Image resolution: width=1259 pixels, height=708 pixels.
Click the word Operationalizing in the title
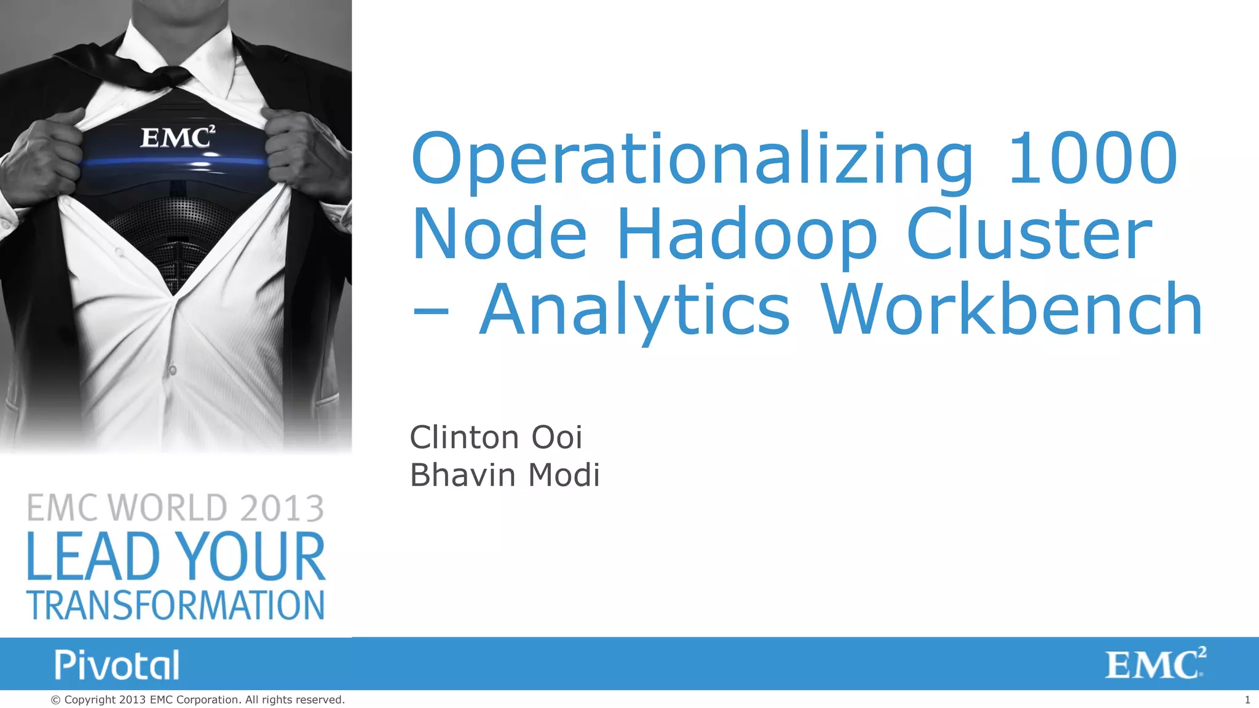pyautogui.click(x=692, y=161)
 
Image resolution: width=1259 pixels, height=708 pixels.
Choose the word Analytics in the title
pyautogui.click(x=634, y=312)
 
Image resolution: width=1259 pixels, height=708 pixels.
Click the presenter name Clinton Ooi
pyautogui.click(x=495, y=438)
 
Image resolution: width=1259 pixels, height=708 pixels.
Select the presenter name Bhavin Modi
pyautogui.click(x=504, y=475)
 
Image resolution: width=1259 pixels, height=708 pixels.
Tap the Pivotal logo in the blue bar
pyautogui.click(x=117, y=664)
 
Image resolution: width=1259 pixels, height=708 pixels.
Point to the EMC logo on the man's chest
pyautogui.click(x=178, y=137)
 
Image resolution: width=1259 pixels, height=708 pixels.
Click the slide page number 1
pyautogui.click(x=1247, y=699)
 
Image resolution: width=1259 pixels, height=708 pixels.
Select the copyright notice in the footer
pyautogui.click(x=197, y=699)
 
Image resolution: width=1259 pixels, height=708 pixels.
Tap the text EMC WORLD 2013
pyautogui.click(x=175, y=508)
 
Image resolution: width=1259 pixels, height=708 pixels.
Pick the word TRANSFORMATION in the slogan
pyautogui.click(x=175, y=605)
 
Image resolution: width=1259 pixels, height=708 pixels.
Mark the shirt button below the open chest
pyautogui.click(x=173, y=370)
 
